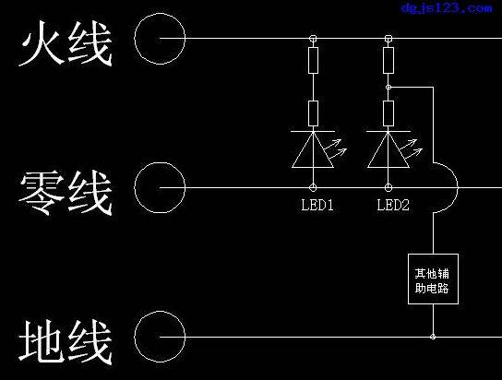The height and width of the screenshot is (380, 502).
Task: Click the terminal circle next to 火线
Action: click(160, 39)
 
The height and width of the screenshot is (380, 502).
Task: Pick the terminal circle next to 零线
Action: click(160, 187)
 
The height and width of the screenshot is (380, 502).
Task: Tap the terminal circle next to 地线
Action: click(160, 337)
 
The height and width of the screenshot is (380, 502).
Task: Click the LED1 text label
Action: click(317, 205)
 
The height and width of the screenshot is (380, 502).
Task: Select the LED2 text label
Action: click(393, 205)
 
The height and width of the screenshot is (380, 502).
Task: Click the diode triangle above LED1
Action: click(314, 150)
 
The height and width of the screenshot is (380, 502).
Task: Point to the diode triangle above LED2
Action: click(388, 150)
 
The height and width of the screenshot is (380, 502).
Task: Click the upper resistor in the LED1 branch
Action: click(314, 61)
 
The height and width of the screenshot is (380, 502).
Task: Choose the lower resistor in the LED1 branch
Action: click(314, 113)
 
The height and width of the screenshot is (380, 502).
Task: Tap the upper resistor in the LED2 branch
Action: click(388, 61)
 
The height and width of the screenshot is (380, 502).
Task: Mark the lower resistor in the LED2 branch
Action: click(388, 113)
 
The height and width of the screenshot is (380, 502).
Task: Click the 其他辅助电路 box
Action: click(433, 279)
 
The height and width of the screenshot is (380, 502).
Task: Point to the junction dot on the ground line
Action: click(433, 337)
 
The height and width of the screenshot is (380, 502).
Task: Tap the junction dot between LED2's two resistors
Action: click(388, 87)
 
